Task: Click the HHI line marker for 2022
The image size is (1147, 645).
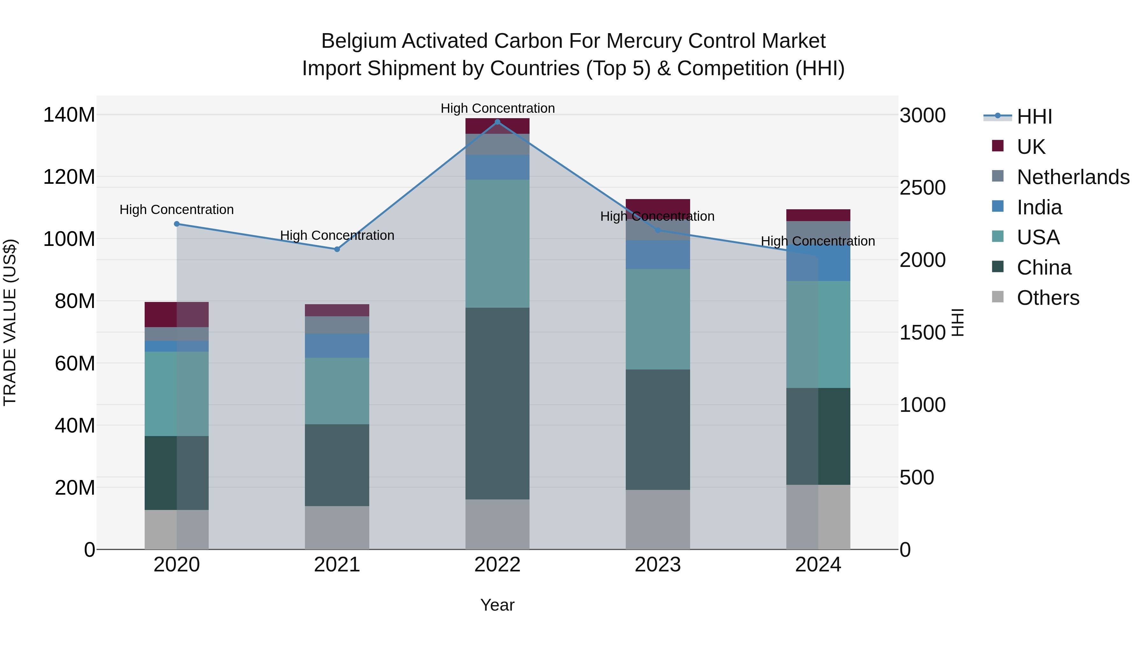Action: coord(497,122)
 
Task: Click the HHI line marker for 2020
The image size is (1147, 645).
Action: coord(177,224)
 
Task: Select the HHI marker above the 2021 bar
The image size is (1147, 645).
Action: coord(337,249)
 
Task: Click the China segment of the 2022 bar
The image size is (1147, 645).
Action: coord(497,403)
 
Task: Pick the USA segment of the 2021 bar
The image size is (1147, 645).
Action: coord(337,391)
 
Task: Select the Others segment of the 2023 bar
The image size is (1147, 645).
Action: coord(658,520)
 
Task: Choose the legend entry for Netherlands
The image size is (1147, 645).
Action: coord(1073,177)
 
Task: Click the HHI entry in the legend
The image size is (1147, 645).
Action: coord(1034,117)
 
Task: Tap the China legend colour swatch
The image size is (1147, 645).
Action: coord(998,267)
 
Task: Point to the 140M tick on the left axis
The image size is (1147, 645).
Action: coord(69,115)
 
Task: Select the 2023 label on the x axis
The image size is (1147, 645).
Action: coord(658,565)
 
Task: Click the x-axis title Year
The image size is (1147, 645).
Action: coord(497,605)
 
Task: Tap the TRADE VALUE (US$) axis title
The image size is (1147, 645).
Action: coord(10,322)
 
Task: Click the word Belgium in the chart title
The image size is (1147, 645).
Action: coord(359,41)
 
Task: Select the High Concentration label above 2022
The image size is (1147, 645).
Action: coord(497,108)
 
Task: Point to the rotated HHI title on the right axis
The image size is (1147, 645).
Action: coord(957,322)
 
